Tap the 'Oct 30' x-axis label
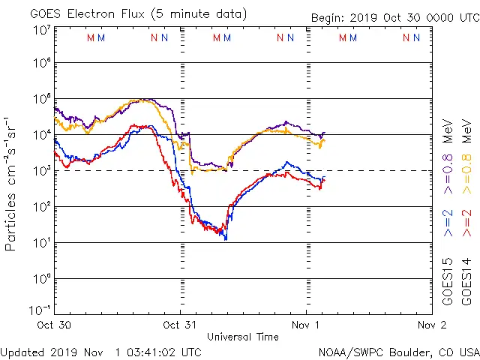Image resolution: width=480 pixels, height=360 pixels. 55,325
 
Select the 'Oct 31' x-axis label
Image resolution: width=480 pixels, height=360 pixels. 180,325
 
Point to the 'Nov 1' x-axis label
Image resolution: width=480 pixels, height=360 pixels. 305,325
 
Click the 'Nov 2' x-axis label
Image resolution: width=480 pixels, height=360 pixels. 431,325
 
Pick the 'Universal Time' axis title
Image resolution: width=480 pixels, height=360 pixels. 242,337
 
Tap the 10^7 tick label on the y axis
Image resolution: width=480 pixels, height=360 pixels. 41,31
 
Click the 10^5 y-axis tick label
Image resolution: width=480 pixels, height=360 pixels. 41,101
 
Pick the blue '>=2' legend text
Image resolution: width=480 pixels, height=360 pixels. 448,223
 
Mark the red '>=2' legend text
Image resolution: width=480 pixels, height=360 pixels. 466,223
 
